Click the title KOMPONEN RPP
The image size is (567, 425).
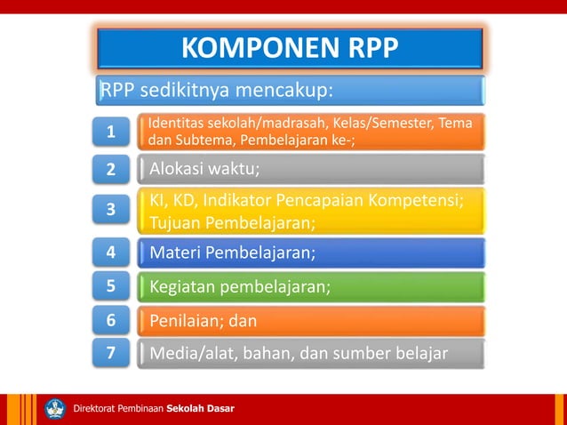pos(290,49)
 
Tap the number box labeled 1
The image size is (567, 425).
pos(111,132)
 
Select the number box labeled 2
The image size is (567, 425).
pos(111,169)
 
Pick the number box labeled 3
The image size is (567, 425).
pos(111,211)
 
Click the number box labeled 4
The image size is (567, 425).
pos(111,253)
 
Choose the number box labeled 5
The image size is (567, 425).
pos(111,286)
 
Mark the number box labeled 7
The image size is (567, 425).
pos(111,354)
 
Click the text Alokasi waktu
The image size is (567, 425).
pos(205,169)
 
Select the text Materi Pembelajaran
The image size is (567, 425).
pos(232,253)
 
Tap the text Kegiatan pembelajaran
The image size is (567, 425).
pos(240,286)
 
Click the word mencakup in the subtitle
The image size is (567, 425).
pos(286,91)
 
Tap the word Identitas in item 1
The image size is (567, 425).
pos(174,122)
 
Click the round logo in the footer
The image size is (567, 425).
pos(55,408)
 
